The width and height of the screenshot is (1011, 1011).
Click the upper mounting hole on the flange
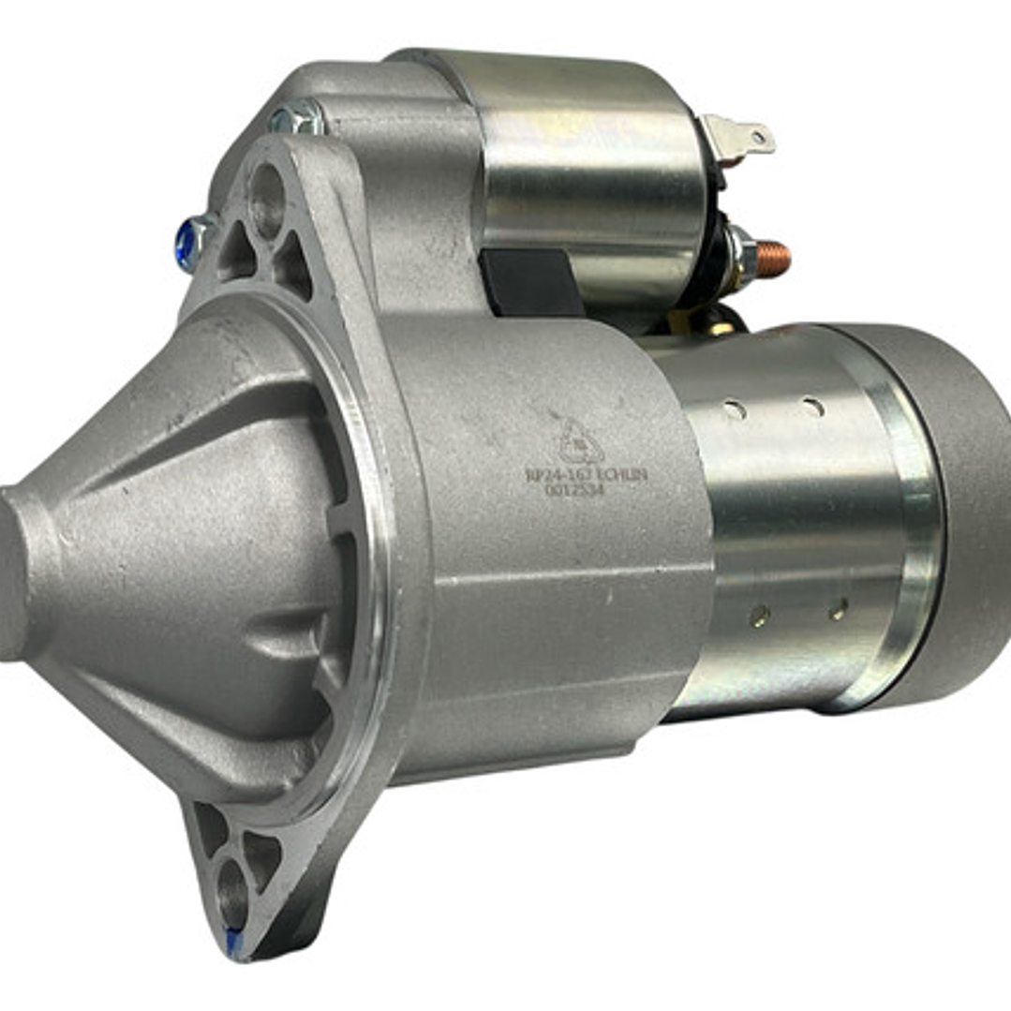click(x=266, y=198)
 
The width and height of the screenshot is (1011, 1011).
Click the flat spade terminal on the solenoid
click(x=746, y=139)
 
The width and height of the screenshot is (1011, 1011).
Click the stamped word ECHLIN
click(x=622, y=475)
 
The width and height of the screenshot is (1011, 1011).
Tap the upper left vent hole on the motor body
click(x=735, y=409)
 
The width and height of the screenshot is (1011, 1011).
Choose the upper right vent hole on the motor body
click(x=813, y=407)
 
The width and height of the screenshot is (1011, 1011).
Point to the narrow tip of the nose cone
click(x=13, y=572)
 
